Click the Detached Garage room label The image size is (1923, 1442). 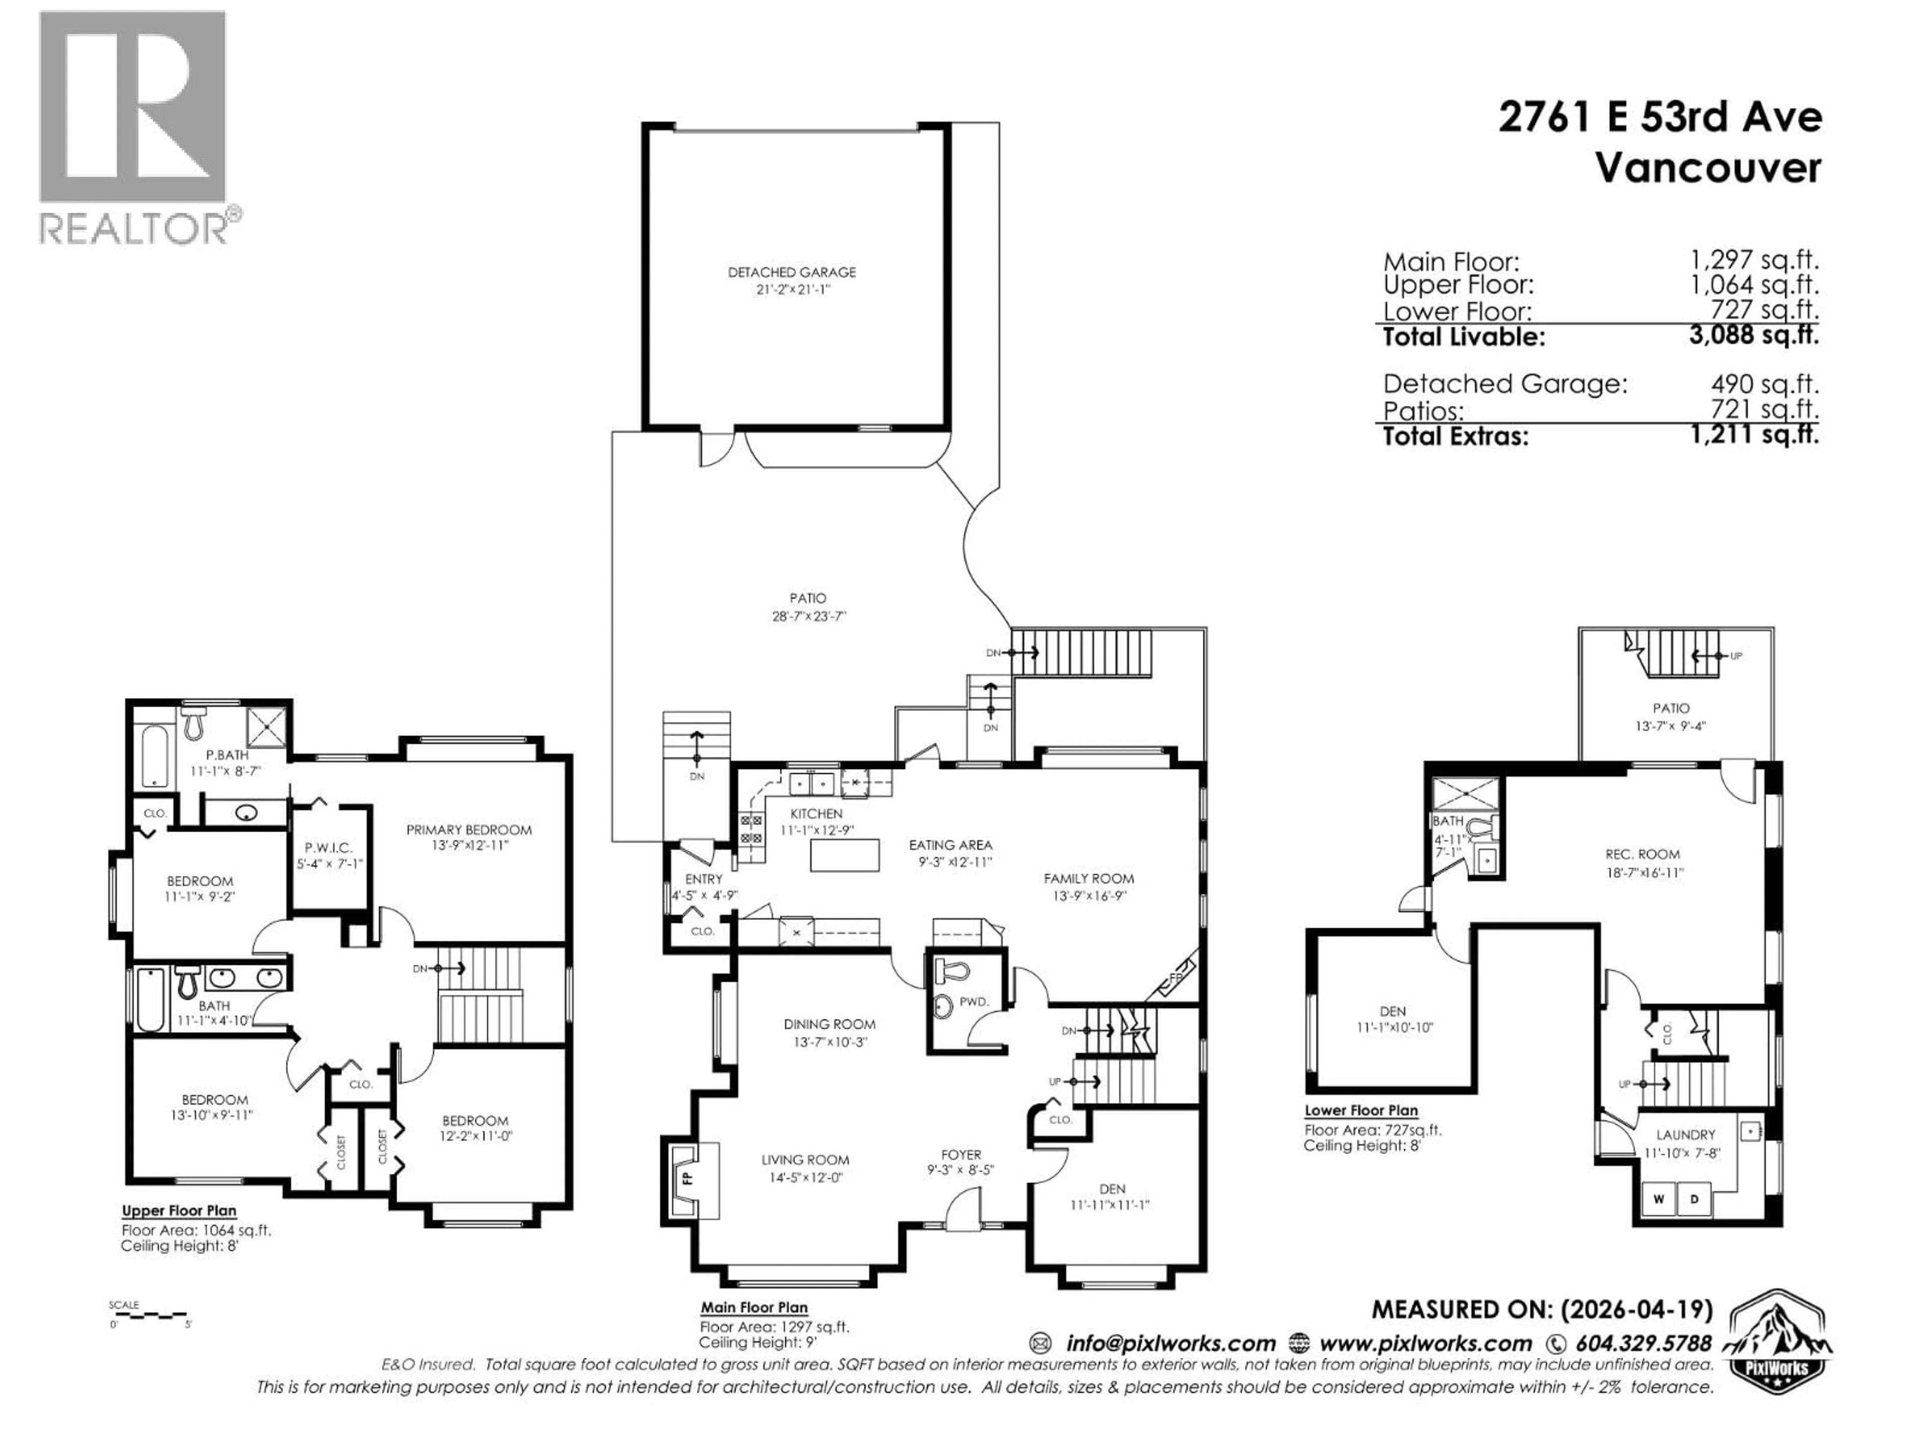coord(791,272)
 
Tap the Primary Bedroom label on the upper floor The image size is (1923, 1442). coord(469,829)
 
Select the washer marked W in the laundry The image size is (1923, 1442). coord(1658,1199)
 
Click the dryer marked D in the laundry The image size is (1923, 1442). coord(1694,1199)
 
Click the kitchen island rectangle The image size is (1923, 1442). coord(844,855)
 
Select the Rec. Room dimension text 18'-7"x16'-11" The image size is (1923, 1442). coord(1644,872)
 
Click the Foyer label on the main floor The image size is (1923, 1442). coord(960,1154)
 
